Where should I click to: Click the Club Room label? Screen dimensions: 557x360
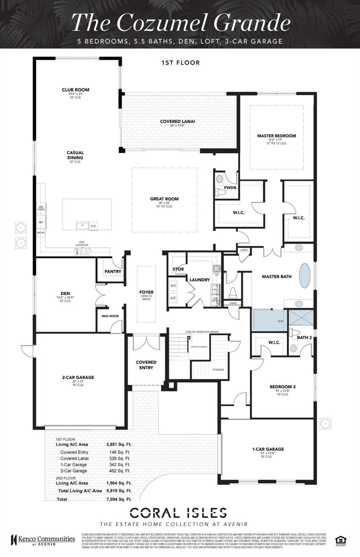[x=75, y=90]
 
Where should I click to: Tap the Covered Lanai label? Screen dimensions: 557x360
[x=177, y=121]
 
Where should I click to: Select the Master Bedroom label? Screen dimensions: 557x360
[x=276, y=136]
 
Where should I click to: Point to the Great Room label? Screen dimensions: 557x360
[x=164, y=199]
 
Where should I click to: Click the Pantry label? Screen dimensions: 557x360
[x=113, y=272]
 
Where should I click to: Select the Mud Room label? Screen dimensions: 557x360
[x=110, y=316]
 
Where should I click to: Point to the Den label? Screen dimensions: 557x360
[x=65, y=294]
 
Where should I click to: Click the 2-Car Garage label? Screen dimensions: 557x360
[x=78, y=377]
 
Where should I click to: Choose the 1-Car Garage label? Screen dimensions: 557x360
[x=268, y=449]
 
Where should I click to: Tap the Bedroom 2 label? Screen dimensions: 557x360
[x=282, y=387]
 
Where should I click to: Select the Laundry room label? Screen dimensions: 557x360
[x=199, y=280]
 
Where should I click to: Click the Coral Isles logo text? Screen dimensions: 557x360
[x=178, y=513]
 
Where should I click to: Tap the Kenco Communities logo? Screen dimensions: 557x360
[x=43, y=540]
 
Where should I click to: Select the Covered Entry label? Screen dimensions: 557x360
[x=146, y=365]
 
